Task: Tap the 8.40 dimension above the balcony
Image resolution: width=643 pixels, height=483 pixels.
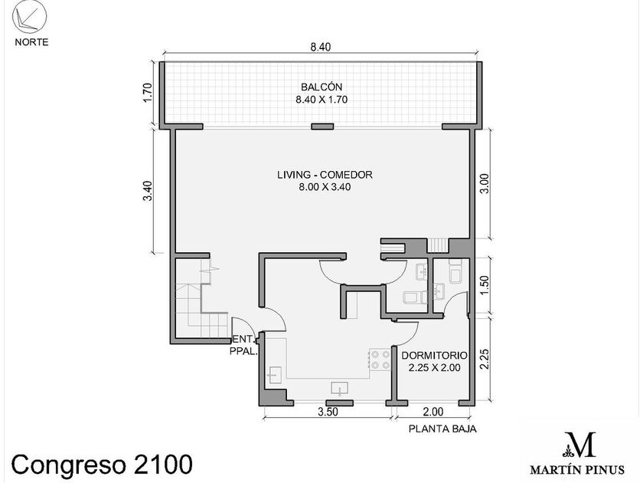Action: click(320, 47)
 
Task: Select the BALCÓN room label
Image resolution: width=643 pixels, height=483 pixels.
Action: click(321, 87)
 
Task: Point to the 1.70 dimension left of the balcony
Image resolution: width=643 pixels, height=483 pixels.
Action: click(148, 93)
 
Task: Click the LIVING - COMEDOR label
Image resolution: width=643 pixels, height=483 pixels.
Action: click(325, 175)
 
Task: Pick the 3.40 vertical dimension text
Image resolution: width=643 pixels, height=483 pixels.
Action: click(148, 191)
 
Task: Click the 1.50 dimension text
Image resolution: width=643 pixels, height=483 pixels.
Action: click(485, 284)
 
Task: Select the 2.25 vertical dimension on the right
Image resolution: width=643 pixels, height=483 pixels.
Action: click(485, 359)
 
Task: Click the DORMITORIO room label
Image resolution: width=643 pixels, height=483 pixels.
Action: click(434, 355)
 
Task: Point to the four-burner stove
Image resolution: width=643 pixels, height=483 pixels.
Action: click(380, 360)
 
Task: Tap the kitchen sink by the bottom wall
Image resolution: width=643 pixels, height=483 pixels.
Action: click(340, 389)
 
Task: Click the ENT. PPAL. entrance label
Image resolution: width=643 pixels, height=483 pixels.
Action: click(243, 346)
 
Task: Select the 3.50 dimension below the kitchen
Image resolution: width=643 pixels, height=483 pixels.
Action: click(328, 412)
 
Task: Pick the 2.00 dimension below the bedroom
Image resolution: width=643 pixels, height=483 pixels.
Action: click(433, 412)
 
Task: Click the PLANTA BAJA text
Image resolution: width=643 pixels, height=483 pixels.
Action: click(442, 429)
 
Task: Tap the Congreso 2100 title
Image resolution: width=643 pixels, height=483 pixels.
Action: click(102, 465)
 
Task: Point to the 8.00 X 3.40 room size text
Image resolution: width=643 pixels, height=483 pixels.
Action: click(325, 187)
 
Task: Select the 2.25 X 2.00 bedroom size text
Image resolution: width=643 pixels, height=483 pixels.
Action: click(434, 367)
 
